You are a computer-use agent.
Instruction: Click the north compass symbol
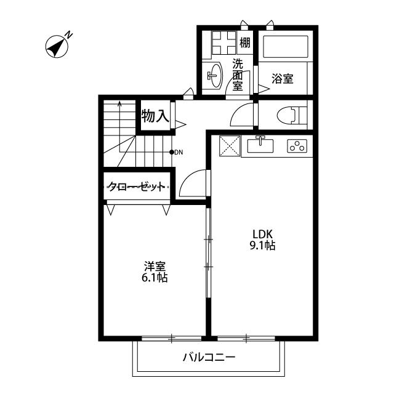pos(57,46)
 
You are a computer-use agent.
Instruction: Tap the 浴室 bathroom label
pos(283,79)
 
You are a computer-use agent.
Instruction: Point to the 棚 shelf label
pos(245,43)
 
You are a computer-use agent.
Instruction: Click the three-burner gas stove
pos(297,147)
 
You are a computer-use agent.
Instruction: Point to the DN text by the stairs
pos(179,152)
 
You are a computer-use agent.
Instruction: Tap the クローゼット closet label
pos(137,187)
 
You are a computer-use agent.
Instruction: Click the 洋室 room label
pos(155,267)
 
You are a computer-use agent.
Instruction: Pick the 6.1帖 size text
pos(155,278)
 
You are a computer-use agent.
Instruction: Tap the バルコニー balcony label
pos(209,358)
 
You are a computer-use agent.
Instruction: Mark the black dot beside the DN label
pos(171,152)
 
